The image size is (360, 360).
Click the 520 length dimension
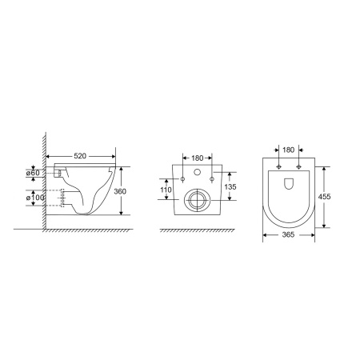[80, 156]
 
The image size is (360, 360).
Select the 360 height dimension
[120, 191]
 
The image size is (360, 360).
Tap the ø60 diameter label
[33, 173]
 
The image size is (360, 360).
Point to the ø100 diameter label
[35, 198]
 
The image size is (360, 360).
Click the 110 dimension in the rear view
[166, 190]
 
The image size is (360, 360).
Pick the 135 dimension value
[230, 186]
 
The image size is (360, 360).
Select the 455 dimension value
[324, 197]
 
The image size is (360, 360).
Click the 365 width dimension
[288, 234]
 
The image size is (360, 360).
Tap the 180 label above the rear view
[198, 158]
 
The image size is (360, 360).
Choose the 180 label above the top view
[288, 150]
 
